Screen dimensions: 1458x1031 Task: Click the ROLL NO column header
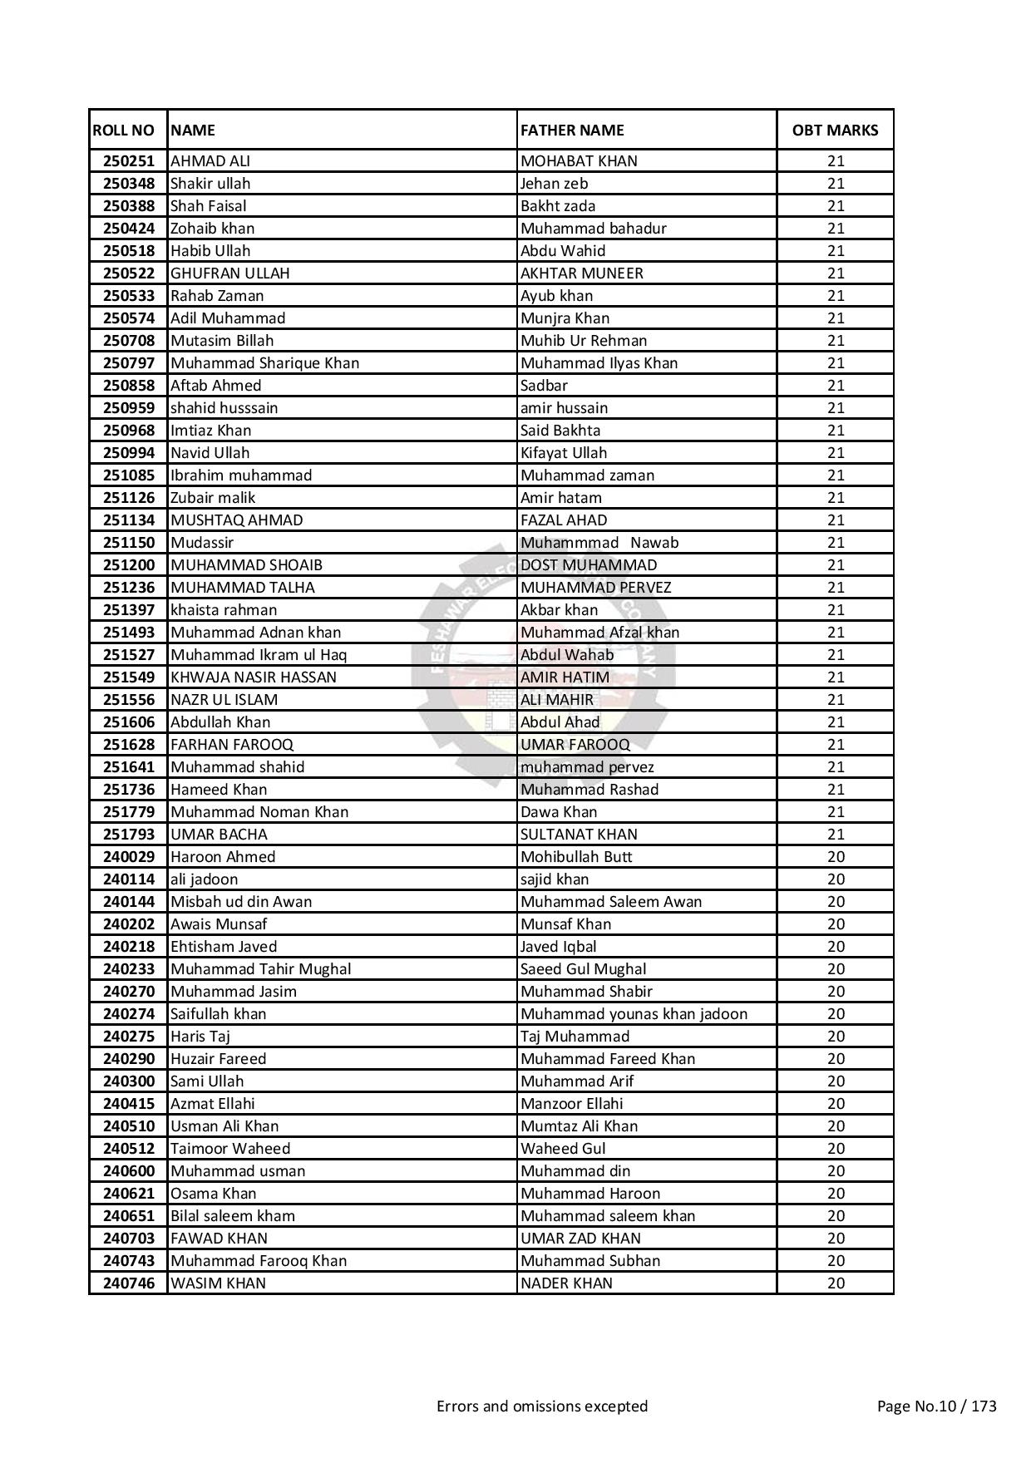click(123, 131)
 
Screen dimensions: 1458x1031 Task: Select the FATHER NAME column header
click(572, 131)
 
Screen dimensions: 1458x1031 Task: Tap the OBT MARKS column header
click(835, 131)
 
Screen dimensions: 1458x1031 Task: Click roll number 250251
click(129, 161)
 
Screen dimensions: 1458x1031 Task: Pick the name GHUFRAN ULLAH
click(230, 273)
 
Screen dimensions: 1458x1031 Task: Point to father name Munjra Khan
click(565, 318)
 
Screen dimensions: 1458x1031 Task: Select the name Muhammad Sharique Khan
click(264, 363)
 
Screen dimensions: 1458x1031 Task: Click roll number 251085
click(129, 475)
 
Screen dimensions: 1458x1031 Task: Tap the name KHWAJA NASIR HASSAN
click(254, 677)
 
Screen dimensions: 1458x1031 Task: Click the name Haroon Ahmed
click(223, 857)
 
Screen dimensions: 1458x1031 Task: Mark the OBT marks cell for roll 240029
click(836, 857)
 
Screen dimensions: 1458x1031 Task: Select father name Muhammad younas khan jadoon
click(634, 1014)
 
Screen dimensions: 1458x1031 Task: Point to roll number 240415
click(129, 1104)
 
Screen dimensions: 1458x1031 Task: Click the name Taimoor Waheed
click(230, 1149)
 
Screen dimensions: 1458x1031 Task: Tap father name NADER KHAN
click(566, 1283)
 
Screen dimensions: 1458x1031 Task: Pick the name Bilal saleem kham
click(233, 1216)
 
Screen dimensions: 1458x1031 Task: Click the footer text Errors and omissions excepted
click(542, 1406)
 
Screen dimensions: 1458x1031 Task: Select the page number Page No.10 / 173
click(936, 1406)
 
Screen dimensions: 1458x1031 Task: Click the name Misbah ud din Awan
click(241, 902)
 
